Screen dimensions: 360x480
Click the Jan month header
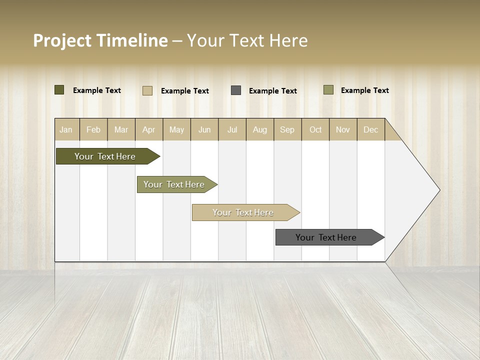tap(66, 129)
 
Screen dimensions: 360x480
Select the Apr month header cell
tap(148, 129)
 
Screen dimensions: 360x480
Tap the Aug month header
tap(259, 129)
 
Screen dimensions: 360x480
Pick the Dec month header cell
tap(370, 129)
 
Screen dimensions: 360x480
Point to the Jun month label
tap(204, 129)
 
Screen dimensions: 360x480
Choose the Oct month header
tap(315, 129)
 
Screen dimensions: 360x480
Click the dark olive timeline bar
tap(105, 156)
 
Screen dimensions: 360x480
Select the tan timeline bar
tap(243, 212)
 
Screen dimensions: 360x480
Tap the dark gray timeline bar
tap(326, 237)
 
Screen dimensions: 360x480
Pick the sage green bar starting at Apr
tap(174, 184)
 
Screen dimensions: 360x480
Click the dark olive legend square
tap(59, 90)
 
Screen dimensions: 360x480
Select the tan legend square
tap(147, 90)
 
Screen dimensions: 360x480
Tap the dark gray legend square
tap(236, 90)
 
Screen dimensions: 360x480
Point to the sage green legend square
tap(328, 90)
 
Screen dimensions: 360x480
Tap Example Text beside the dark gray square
tap(273, 91)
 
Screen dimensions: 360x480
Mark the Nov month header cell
tap(343, 129)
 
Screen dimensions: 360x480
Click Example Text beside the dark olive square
tap(97, 90)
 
